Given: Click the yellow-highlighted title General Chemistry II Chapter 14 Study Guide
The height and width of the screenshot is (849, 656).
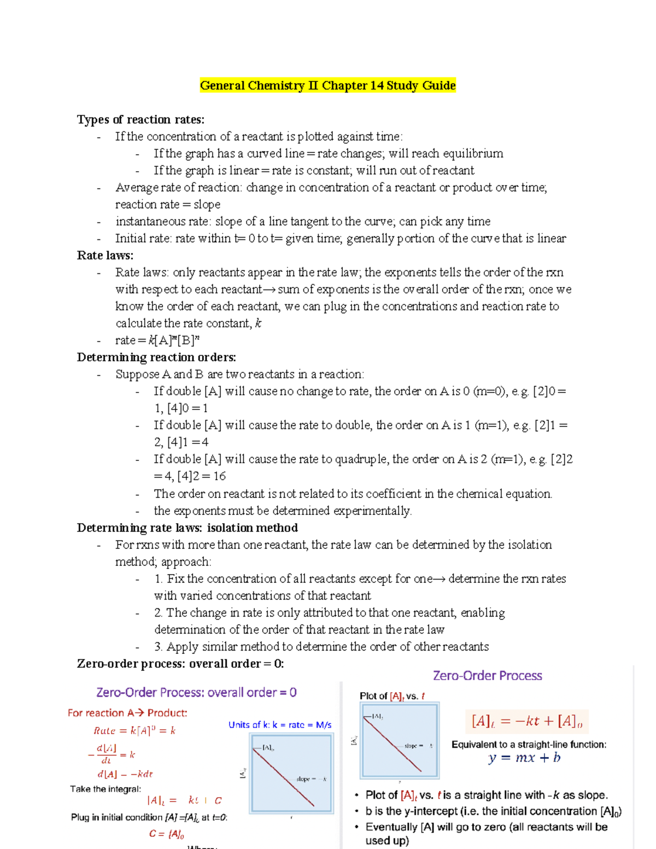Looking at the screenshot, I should pos(327,85).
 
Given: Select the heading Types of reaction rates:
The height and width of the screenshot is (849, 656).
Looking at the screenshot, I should pos(140,119).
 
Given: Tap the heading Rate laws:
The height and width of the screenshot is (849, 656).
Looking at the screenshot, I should pos(105,255).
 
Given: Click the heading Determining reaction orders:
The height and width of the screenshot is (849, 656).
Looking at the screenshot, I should pos(156,357).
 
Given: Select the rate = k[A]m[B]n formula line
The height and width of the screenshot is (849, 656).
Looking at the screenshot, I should pos(157,340).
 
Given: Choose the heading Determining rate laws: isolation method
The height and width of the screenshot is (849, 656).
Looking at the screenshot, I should pos(187,528).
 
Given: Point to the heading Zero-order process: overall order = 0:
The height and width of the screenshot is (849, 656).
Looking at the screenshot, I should pos(180,664).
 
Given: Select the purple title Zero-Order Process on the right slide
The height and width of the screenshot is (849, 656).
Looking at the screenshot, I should pos(487,676).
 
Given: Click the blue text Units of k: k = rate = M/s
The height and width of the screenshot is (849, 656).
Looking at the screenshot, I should pos(280,725).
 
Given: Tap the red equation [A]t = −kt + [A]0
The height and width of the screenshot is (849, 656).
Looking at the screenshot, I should pos(526,722).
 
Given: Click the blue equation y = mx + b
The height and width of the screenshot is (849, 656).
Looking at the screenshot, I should pos(524,758).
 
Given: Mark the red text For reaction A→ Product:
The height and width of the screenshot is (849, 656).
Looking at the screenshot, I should pos(127,713).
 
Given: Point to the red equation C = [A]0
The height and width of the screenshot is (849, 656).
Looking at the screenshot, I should pos(166,834).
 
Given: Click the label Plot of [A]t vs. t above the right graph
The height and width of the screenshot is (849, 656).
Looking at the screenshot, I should pos(391,696).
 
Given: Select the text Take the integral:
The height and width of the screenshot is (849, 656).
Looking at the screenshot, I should pos(105,789).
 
